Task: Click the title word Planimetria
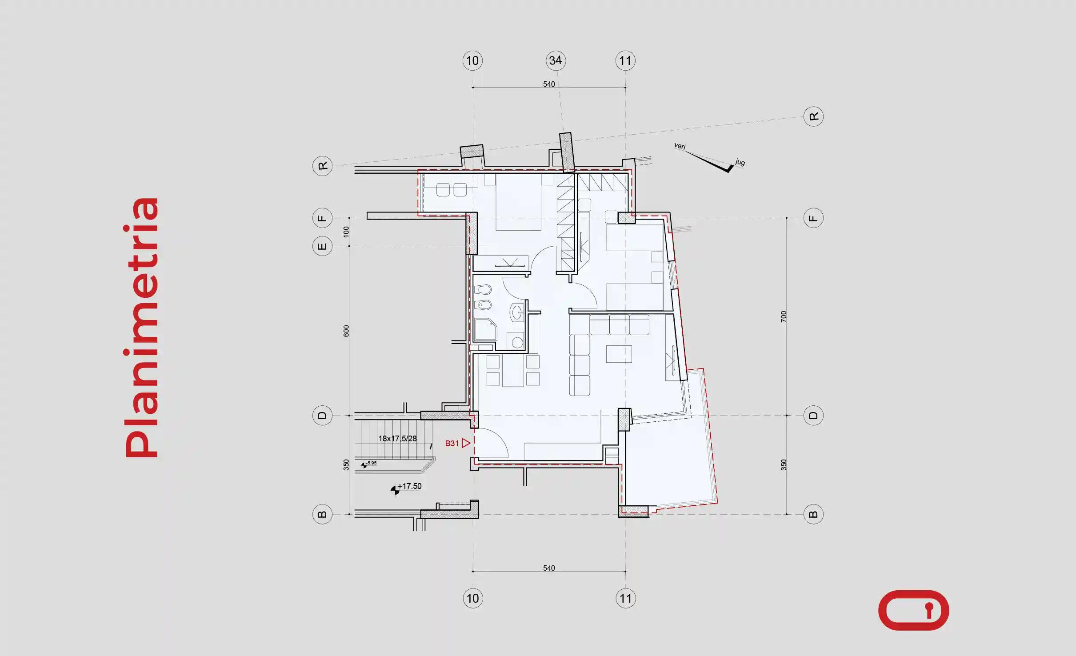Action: pyautogui.click(x=142, y=328)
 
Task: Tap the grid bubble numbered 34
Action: pyautogui.click(x=556, y=60)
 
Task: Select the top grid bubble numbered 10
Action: pyautogui.click(x=472, y=60)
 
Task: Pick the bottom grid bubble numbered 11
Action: pyautogui.click(x=625, y=598)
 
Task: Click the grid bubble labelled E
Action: pyautogui.click(x=323, y=246)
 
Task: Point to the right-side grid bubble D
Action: pyautogui.click(x=813, y=416)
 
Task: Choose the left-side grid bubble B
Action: pyautogui.click(x=323, y=514)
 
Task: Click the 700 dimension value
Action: pyautogui.click(x=784, y=317)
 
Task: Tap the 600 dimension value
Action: pyautogui.click(x=346, y=331)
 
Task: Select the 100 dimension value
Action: pyautogui.click(x=346, y=232)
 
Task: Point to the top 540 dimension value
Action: pyautogui.click(x=549, y=84)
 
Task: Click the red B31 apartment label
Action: pyautogui.click(x=452, y=443)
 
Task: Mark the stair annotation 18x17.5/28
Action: pyautogui.click(x=397, y=439)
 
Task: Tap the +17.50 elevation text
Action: pyautogui.click(x=409, y=486)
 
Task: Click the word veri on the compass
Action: pyautogui.click(x=680, y=146)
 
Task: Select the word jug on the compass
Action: pyautogui.click(x=740, y=162)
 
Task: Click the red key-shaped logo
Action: pyautogui.click(x=914, y=610)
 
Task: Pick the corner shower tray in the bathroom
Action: pyautogui.click(x=485, y=329)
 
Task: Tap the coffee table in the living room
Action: pyautogui.click(x=619, y=354)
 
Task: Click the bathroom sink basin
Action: pyautogui.click(x=517, y=312)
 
